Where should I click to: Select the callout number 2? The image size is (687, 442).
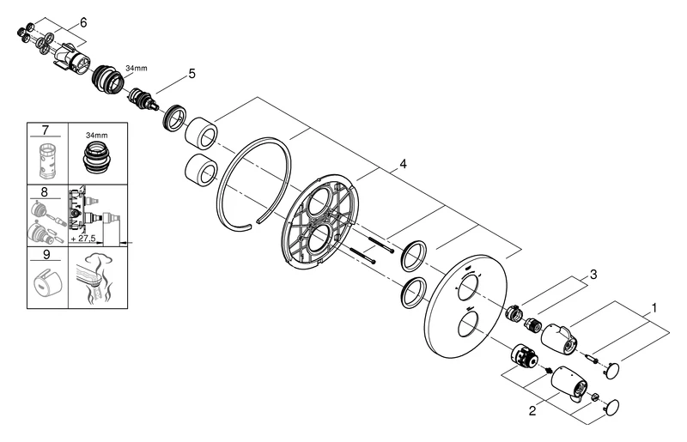[x=532, y=410]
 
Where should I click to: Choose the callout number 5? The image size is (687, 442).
[x=192, y=74]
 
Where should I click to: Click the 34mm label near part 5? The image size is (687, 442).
[x=136, y=67]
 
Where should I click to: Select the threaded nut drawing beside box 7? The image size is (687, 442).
[x=97, y=157]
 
